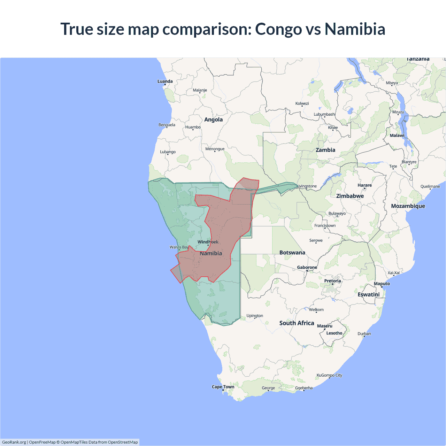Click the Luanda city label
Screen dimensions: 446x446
[165, 81]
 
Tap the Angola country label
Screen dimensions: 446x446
[213, 120]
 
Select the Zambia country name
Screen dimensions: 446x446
[325, 150]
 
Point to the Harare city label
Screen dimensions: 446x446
[364, 185]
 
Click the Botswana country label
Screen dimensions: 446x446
[292, 253]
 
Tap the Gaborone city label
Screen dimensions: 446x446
[307, 267]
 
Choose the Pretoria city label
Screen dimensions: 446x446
[332, 281]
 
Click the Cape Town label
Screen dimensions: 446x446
[223, 387]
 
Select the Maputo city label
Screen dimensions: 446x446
[382, 284]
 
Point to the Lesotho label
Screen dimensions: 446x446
[334, 333]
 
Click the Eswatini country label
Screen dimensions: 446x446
[368, 294]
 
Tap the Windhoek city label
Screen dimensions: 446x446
[208, 242]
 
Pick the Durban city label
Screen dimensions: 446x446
[364, 334]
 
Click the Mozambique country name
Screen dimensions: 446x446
[408, 206]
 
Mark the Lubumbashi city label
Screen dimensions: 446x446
[324, 114]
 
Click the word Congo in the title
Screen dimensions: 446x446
[278, 29]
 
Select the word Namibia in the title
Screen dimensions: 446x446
[355, 29]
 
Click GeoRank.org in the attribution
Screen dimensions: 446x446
[14, 442]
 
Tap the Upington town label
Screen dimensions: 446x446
[255, 316]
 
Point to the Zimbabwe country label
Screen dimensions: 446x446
[350, 196]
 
